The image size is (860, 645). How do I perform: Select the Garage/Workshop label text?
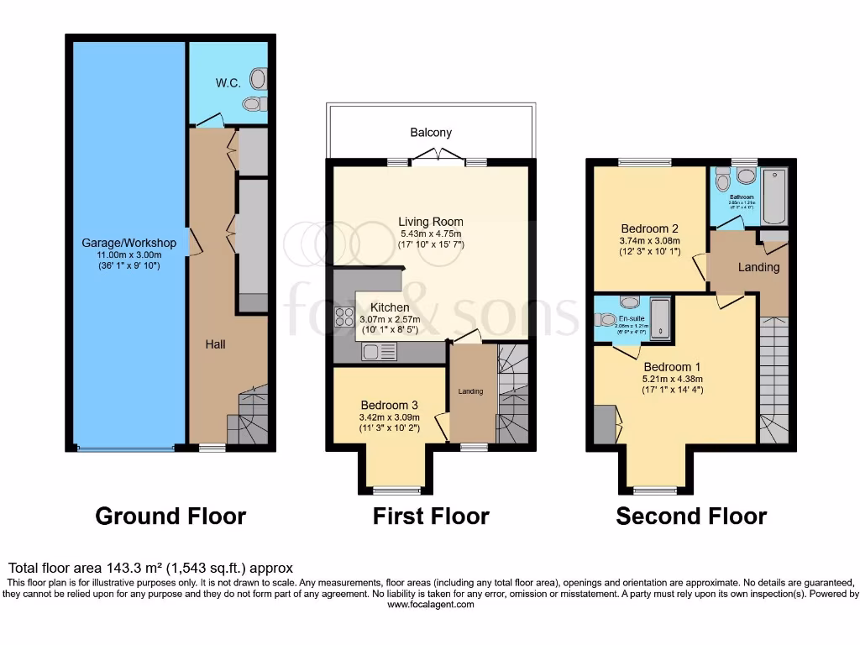[128, 243]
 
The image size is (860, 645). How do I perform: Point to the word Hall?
[216, 344]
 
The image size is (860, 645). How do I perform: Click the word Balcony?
[431, 133]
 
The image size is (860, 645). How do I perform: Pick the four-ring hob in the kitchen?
[345, 317]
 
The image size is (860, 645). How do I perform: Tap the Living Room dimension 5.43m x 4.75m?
[431, 233]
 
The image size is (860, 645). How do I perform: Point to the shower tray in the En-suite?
[661, 319]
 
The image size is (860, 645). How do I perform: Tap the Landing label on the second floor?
[758, 267]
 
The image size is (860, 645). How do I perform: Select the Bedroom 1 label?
[672, 367]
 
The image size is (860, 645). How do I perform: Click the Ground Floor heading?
[170, 516]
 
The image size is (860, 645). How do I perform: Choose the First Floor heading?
[431, 516]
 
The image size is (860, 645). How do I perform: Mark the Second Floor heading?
[691, 516]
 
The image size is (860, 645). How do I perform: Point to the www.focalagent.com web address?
[430, 604]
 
